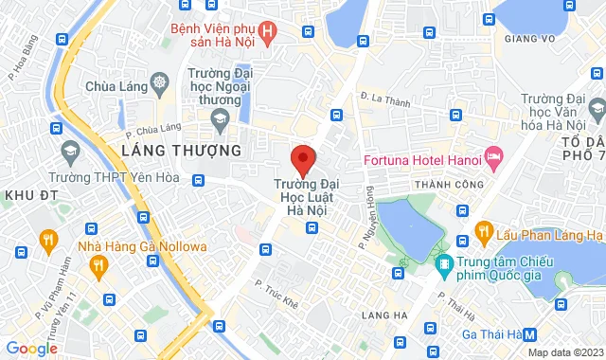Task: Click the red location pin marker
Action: (302, 157)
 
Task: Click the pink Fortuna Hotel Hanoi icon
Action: (492, 155)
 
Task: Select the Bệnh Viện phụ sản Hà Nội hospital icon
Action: (268, 34)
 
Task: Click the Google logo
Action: (31, 348)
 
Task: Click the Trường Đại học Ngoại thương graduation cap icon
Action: (221, 118)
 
